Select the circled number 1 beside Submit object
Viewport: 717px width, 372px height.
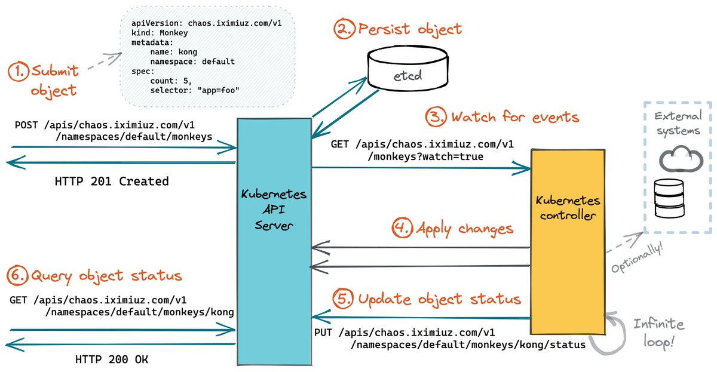[19, 72]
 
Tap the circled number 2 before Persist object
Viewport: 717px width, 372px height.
[344, 29]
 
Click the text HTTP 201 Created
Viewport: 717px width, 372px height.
[111, 181]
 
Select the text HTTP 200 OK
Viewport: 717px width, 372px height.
[111, 359]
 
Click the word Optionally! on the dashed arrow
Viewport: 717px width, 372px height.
[637, 259]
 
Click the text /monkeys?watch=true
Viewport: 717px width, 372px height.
[427, 156]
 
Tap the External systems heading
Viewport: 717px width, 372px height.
[677, 123]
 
